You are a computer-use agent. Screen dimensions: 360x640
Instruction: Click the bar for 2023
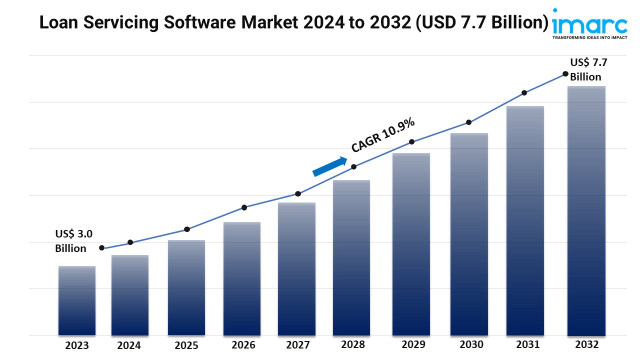[x=76, y=300]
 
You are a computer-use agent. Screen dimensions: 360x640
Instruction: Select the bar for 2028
[x=351, y=257]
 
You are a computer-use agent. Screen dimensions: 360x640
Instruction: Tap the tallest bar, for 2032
[x=586, y=210]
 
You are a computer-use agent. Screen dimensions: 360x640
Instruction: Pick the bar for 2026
[x=242, y=278]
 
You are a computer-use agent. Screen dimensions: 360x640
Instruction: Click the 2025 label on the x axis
[x=186, y=345]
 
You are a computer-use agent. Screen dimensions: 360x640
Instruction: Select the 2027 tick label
[x=297, y=345]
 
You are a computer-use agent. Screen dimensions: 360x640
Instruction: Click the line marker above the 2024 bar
[x=130, y=242]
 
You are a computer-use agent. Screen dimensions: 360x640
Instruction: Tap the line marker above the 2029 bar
[x=411, y=142]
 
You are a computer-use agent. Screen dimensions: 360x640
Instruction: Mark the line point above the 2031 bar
[x=524, y=93]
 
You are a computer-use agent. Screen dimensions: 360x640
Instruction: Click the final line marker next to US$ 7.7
[x=565, y=73]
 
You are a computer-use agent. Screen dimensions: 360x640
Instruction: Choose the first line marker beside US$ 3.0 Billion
[x=102, y=248]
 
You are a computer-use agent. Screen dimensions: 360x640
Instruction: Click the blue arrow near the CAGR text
[x=329, y=166]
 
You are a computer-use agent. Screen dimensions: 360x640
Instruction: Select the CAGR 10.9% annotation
[x=382, y=134]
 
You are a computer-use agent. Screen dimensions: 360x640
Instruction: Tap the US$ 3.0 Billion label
[x=73, y=241]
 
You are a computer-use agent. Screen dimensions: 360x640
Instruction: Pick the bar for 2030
[x=469, y=234]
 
